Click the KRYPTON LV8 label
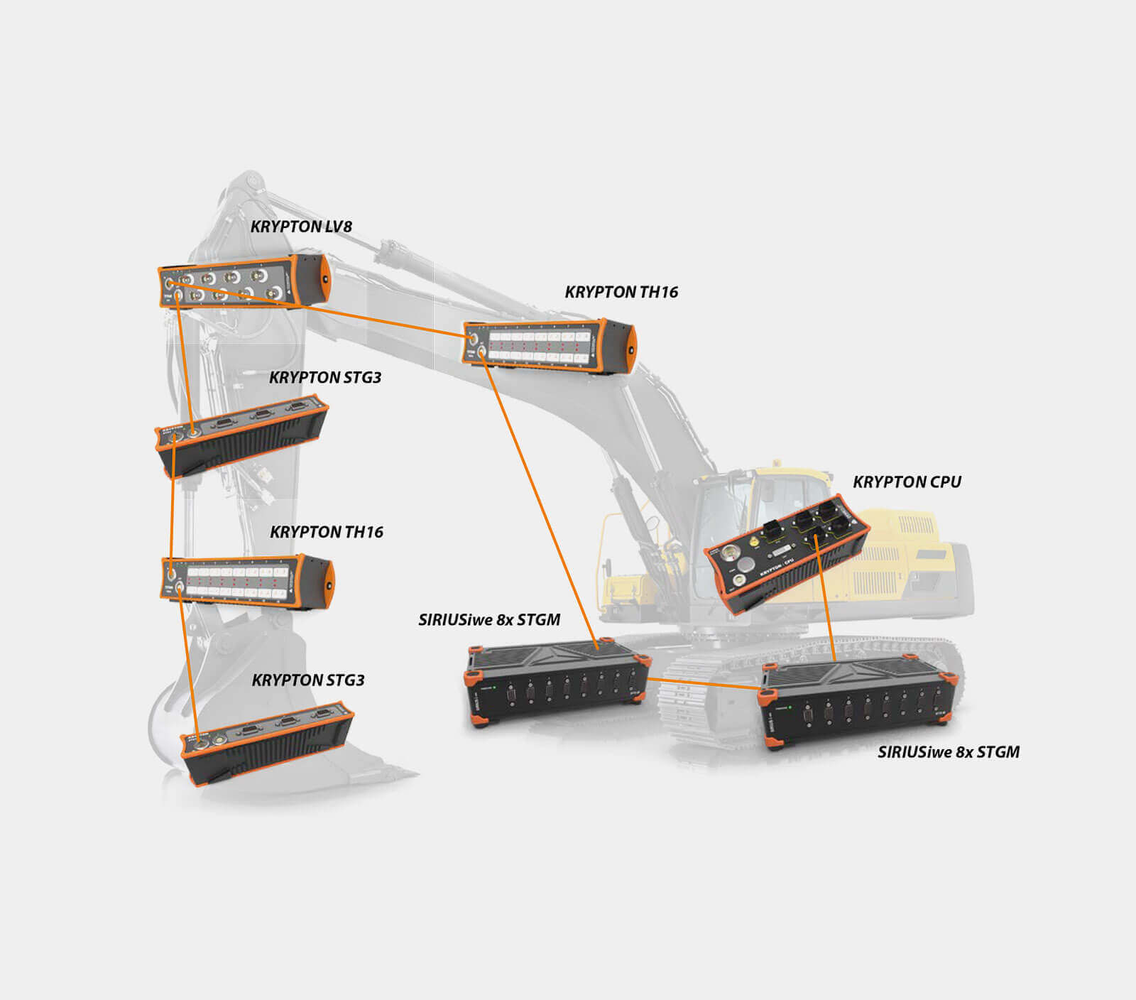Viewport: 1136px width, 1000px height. click(x=301, y=227)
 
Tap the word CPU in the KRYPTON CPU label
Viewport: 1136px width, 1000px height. click(x=944, y=482)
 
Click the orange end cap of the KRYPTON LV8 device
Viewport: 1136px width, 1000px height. click(x=324, y=280)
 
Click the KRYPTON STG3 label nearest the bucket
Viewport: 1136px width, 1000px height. click(x=308, y=680)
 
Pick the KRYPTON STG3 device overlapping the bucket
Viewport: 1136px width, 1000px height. click(x=267, y=743)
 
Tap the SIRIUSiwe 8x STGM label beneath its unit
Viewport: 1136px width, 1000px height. click(x=949, y=752)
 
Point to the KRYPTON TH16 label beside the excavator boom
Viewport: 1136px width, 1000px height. click(x=621, y=292)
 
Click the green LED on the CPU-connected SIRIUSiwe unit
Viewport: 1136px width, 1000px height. click(x=790, y=709)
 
